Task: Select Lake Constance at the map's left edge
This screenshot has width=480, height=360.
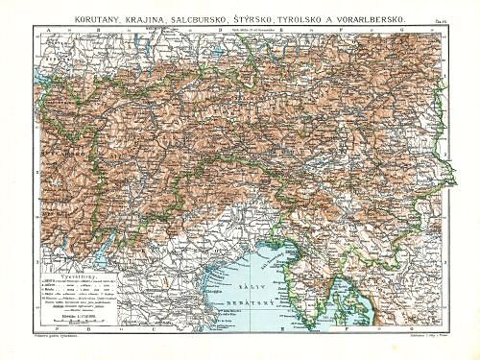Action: pos(44,71)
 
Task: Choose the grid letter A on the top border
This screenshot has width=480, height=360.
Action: pos(46,30)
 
